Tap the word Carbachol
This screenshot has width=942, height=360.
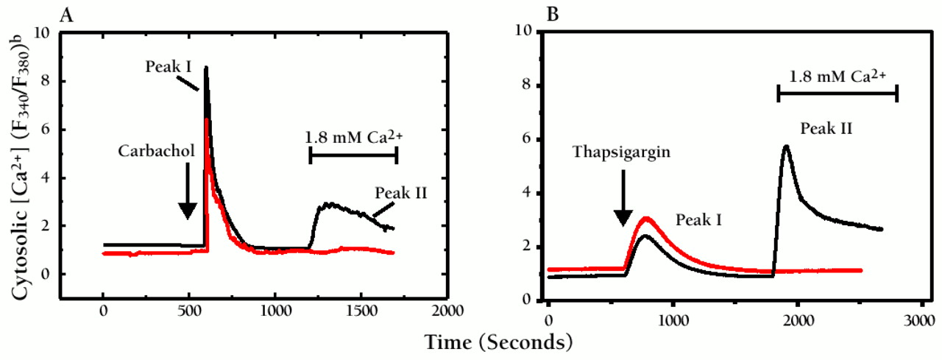tap(155, 151)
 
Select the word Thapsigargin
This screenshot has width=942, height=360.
tap(622, 154)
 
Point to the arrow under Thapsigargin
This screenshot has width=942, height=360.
tap(623, 198)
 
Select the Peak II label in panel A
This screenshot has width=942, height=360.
tap(401, 194)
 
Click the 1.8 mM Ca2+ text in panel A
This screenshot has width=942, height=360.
tap(352, 136)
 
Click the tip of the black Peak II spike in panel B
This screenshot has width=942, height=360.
tap(786, 146)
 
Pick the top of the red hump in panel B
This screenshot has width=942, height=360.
tap(646, 217)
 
